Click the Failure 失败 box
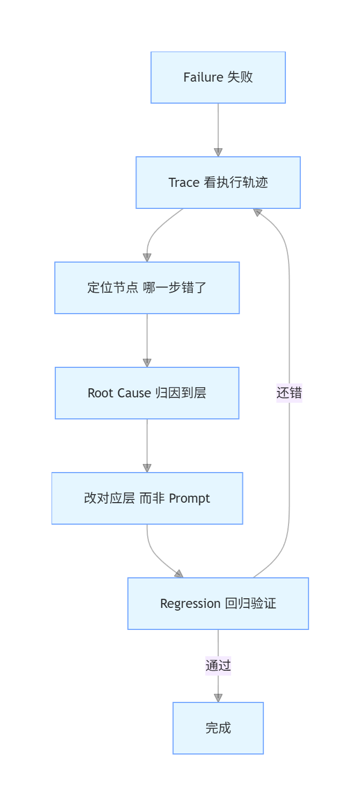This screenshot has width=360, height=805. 218,77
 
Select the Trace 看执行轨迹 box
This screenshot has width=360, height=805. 218,183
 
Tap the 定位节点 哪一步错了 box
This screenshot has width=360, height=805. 147,288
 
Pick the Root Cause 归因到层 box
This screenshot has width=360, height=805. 147,393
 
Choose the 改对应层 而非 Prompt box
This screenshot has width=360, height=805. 147,498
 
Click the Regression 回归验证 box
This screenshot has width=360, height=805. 218,604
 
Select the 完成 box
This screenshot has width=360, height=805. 218,728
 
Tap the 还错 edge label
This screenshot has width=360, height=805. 289,393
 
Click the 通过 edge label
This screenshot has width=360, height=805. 218,666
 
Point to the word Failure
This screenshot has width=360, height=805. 204,77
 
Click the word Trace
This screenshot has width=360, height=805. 184,183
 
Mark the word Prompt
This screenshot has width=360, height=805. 189,499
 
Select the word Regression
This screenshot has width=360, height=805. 190,604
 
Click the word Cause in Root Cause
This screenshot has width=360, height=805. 134,393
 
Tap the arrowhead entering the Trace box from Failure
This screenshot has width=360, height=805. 218,153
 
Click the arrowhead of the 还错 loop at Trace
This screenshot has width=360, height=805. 257,212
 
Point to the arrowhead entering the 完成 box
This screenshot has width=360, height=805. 218,698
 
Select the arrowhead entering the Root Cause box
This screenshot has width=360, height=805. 147,363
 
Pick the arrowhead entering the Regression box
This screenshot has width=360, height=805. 179,574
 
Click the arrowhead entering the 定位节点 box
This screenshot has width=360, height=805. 147,258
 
